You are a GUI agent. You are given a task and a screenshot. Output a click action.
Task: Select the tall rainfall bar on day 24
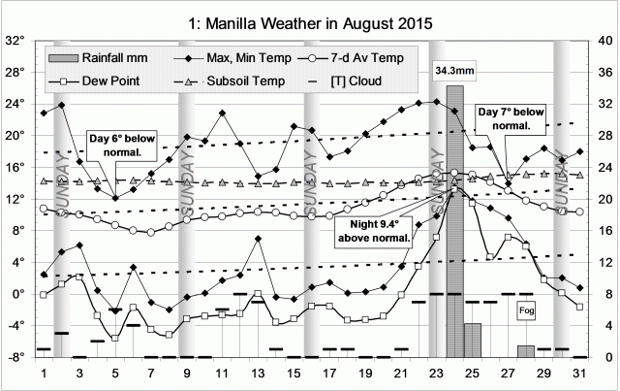click(x=454, y=223)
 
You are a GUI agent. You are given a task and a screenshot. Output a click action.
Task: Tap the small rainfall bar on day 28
click(x=525, y=350)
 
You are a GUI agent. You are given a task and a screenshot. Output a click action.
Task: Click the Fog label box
click(x=527, y=310)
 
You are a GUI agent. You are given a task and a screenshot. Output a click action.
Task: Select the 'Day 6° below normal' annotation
click(x=120, y=145)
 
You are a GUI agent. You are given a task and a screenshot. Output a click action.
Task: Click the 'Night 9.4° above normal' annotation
click(x=379, y=234)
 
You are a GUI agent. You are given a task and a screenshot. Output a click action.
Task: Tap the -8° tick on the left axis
click(x=15, y=357)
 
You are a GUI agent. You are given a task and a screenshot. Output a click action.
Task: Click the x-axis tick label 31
click(x=579, y=374)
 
